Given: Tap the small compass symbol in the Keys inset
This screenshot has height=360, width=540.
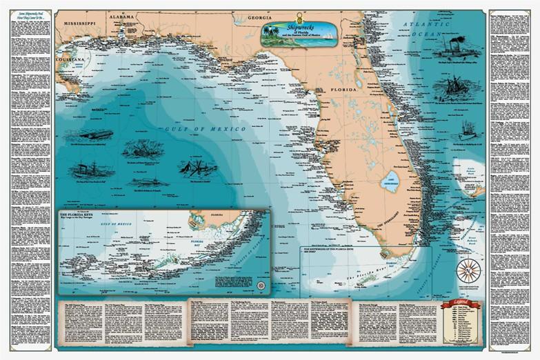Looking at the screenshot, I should pos(261,284).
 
